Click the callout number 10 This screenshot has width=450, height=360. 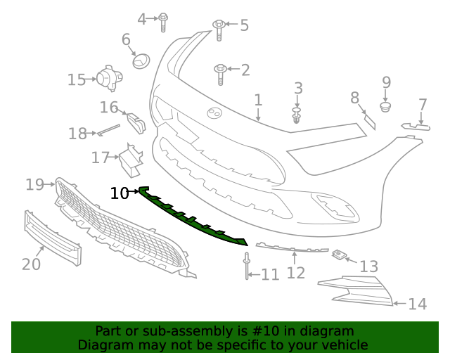coord(120,192)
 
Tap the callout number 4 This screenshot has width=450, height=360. coord(142,19)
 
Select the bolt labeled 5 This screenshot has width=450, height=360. coord(219,28)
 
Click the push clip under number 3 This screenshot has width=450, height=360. coord(297,115)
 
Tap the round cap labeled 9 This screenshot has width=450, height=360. coord(385,107)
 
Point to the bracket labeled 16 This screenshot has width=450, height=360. coord(136,122)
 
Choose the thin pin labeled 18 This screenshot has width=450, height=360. coord(109,129)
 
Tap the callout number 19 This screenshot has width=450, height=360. coord(34,185)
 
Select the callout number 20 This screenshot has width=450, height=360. coord(31,264)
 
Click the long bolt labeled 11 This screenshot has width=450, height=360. coord(247,265)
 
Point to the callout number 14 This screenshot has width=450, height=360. coord(418,304)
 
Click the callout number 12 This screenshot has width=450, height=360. coord(296,272)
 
